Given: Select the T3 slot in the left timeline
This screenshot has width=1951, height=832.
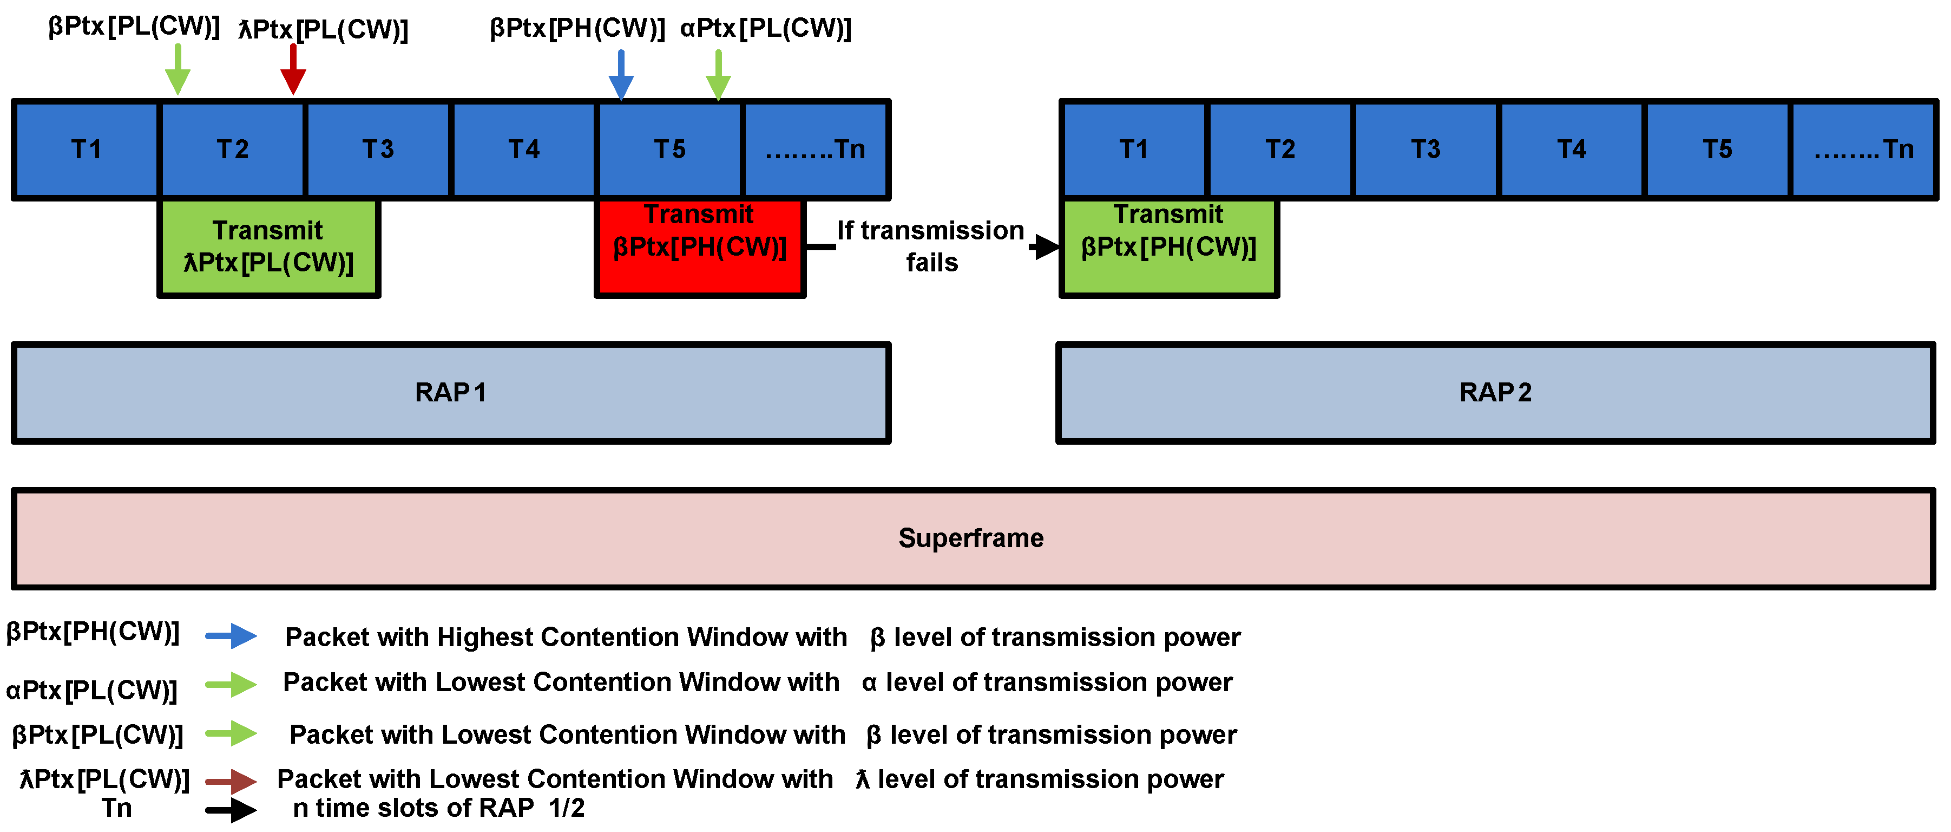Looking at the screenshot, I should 378,149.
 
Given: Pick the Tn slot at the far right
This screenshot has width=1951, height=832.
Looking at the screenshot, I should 1863,149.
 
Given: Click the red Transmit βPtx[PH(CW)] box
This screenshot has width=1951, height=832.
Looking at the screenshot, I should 700,247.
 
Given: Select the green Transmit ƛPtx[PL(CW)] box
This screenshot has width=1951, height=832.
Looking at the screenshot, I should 268,247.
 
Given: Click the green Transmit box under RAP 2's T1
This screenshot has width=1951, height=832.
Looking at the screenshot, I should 1168,247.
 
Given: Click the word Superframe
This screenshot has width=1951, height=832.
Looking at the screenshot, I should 971,538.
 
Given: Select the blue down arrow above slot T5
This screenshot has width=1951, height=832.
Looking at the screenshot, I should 621,76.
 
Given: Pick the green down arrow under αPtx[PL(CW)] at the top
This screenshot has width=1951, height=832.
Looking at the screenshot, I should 718,76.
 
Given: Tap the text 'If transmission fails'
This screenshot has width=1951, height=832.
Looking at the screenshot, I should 931,246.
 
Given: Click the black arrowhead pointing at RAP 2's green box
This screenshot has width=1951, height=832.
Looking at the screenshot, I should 1046,246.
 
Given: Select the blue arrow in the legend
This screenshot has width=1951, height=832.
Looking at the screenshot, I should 231,636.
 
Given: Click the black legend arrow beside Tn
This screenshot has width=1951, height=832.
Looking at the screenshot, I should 231,810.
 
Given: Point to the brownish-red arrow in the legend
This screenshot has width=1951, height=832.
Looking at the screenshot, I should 231,781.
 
